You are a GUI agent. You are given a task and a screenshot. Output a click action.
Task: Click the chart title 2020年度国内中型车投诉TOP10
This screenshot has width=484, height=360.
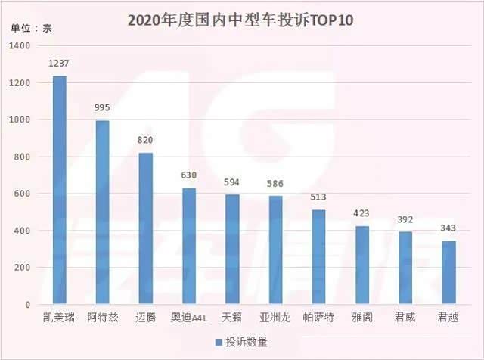(242, 19)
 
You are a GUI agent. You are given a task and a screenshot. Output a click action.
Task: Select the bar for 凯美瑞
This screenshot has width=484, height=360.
(59, 189)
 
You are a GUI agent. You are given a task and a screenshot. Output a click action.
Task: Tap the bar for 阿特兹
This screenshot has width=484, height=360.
(102, 212)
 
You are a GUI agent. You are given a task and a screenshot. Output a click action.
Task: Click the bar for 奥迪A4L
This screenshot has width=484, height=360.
(189, 246)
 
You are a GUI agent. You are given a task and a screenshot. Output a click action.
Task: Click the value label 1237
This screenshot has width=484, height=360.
(59, 64)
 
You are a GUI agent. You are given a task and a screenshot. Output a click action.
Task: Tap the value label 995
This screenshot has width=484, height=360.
(102, 108)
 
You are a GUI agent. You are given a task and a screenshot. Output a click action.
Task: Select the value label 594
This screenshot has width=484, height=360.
(232, 182)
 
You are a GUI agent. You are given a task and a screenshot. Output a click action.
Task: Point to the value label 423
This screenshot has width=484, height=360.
(362, 214)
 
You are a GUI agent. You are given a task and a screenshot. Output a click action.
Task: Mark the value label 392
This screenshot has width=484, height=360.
(405, 219)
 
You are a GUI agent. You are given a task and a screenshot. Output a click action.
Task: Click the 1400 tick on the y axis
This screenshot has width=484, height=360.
(20, 46)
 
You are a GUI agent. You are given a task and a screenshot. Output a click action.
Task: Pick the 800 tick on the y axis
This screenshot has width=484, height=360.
(22, 157)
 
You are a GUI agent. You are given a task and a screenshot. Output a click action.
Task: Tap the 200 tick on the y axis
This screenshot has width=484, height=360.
(22, 268)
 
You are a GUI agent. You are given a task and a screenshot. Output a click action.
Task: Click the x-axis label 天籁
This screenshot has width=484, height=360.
(232, 318)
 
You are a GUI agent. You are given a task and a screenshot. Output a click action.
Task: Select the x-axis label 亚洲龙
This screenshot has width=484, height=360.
(275, 318)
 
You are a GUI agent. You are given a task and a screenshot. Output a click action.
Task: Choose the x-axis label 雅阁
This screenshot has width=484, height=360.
(362, 318)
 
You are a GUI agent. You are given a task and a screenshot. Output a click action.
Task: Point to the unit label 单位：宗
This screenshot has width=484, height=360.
(31, 29)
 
